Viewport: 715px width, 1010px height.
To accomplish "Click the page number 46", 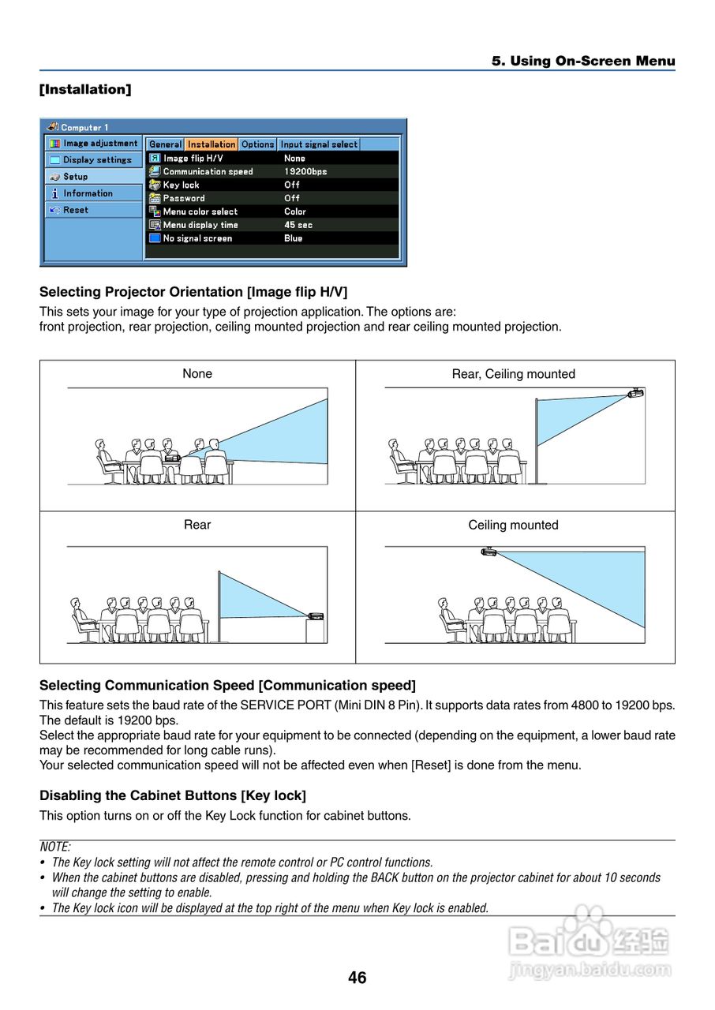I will coord(357,978).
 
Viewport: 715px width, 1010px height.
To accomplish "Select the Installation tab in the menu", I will coord(212,144).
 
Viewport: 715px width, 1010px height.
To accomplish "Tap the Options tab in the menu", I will coord(257,144).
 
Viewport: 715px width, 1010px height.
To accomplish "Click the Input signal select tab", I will coord(319,144).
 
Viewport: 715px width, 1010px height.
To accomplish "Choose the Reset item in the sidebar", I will coord(76,210).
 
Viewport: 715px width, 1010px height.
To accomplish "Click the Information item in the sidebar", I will coord(88,193).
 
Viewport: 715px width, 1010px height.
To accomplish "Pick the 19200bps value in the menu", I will coord(305,171).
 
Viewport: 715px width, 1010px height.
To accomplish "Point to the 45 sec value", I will coord(298,225).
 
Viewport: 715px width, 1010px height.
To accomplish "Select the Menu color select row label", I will coord(200,211).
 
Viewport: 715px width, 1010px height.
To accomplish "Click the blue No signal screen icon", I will coord(155,238).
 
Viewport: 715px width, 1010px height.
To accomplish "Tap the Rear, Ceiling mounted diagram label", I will coord(513,374).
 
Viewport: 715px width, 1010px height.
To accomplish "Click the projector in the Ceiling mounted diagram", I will coord(489,551).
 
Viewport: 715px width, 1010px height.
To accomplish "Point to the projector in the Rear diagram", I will coord(316,615).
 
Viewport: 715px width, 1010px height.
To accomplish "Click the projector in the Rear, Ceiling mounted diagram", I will coord(636,392).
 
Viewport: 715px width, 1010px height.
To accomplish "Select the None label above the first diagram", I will coord(197,374).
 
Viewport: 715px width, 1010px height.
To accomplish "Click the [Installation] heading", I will coord(85,89).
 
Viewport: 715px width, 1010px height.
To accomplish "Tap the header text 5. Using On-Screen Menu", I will coord(583,61).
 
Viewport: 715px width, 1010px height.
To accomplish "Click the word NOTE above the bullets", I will coord(55,847).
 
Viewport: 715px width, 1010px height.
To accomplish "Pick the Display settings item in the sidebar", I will coord(97,160).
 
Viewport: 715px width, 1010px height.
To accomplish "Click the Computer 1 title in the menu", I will coord(84,127).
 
